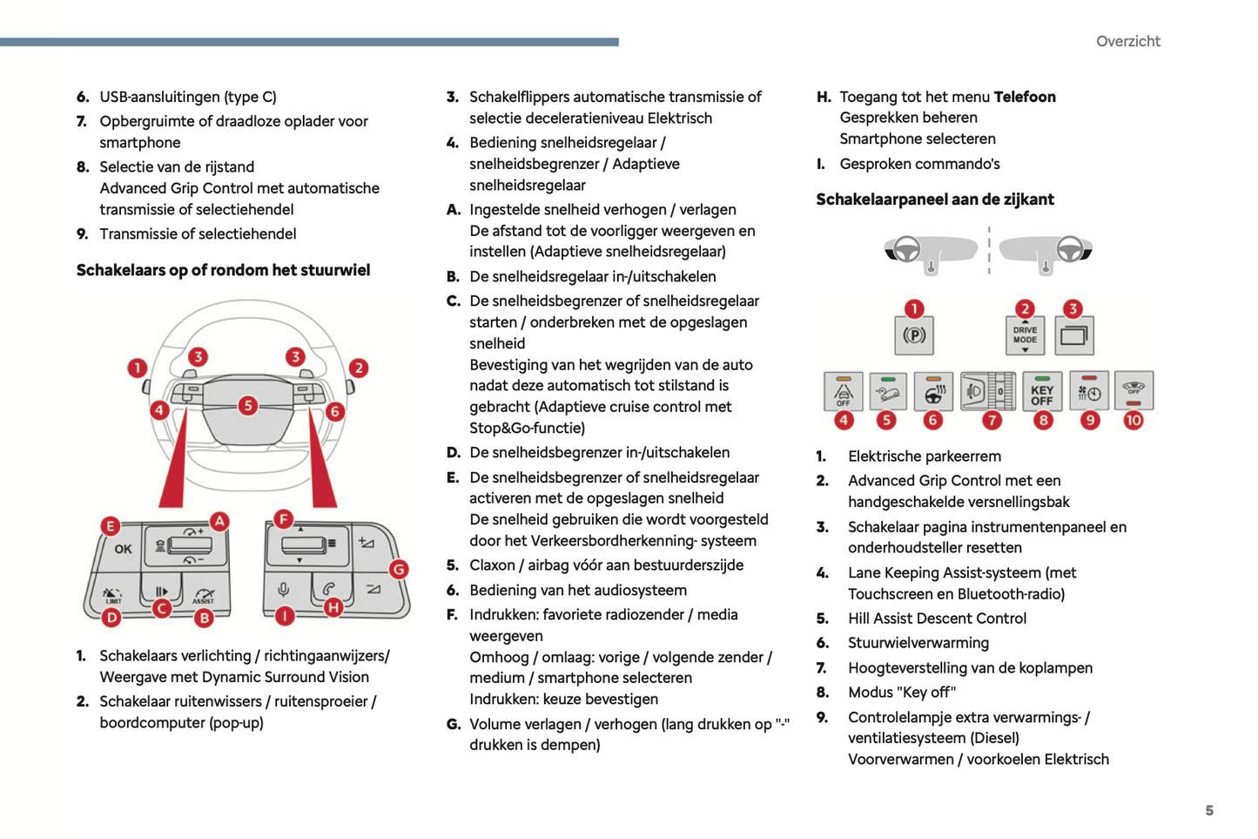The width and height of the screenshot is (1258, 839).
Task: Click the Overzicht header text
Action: click(1127, 41)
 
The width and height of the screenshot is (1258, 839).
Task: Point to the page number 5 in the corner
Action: click(1209, 810)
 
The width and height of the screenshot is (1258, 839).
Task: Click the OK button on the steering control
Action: click(123, 549)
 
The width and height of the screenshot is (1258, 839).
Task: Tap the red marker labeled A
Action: click(219, 521)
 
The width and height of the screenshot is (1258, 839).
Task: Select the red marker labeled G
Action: click(399, 570)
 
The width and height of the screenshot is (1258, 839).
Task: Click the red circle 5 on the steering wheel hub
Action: click(248, 405)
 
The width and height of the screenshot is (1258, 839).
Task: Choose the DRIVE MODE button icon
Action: click(1025, 335)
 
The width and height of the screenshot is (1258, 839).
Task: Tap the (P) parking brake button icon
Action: click(914, 335)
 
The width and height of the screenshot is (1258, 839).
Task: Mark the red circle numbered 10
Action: click(1133, 420)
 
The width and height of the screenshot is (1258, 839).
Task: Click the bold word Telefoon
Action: click(1025, 97)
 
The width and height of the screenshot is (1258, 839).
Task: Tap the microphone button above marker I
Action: click(284, 590)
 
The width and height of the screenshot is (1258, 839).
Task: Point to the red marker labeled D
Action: click(111, 618)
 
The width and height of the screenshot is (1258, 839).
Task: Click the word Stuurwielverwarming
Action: click(918, 643)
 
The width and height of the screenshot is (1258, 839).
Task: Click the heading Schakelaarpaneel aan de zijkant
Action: click(935, 200)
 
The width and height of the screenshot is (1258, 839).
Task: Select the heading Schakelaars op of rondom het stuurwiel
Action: click(223, 270)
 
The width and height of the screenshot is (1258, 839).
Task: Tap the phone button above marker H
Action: click(329, 589)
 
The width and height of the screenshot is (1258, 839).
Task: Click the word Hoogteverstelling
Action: click(905, 668)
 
